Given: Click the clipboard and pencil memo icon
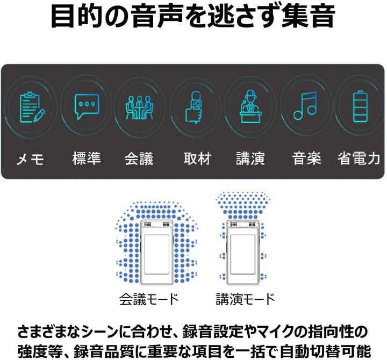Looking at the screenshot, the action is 32,107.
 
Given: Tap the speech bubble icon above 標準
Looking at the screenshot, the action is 87,106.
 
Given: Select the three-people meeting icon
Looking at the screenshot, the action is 139,107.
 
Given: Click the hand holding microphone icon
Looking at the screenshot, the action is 194,107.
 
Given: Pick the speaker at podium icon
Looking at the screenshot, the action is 251,106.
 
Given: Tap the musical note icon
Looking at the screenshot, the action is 305,106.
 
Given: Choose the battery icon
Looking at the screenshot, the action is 360,106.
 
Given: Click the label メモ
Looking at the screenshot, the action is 30,159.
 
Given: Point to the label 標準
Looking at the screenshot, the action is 87,158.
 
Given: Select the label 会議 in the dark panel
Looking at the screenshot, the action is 139,159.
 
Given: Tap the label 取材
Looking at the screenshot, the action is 197,158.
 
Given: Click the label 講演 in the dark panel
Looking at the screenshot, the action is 250,158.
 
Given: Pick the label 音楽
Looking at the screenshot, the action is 306,158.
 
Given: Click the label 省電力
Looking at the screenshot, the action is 359,158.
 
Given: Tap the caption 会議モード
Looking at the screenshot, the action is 149,299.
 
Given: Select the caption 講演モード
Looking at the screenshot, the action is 245,299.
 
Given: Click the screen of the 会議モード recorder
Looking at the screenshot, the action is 157,254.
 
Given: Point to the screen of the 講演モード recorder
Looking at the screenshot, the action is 242,254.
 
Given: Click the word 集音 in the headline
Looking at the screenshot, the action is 308,16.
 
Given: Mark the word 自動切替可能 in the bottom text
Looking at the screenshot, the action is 325,351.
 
